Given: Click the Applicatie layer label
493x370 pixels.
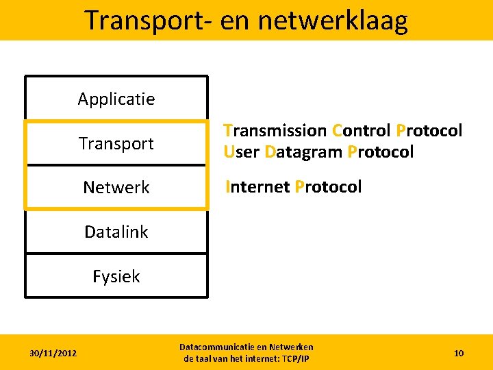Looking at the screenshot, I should click(x=116, y=99).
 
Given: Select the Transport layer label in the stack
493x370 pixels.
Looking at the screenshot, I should click(x=116, y=144).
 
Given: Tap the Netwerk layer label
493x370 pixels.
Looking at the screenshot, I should click(x=116, y=187).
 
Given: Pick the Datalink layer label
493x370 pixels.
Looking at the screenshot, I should click(x=116, y=232).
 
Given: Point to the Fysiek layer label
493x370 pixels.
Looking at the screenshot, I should click(x=116, y=276).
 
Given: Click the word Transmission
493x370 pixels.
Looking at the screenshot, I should click(x=275, y=130).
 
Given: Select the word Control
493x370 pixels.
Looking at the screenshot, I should click(x=362, y=130).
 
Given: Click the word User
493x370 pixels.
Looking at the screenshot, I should click(x=241, y=151).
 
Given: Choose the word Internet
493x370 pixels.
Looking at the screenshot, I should click(x=257, y=186).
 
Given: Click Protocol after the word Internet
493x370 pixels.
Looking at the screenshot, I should click(x=328, y=186).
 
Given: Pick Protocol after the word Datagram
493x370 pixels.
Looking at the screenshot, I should click(x=381, y=151).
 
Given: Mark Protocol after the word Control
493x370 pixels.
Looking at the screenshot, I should click(x=429, y=130).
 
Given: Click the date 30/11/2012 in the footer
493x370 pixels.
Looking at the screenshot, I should click(x=53, y=353).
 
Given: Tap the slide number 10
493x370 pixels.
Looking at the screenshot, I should click(x=459, y=353).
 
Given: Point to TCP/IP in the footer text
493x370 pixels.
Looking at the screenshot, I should click(x=296, y=359).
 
